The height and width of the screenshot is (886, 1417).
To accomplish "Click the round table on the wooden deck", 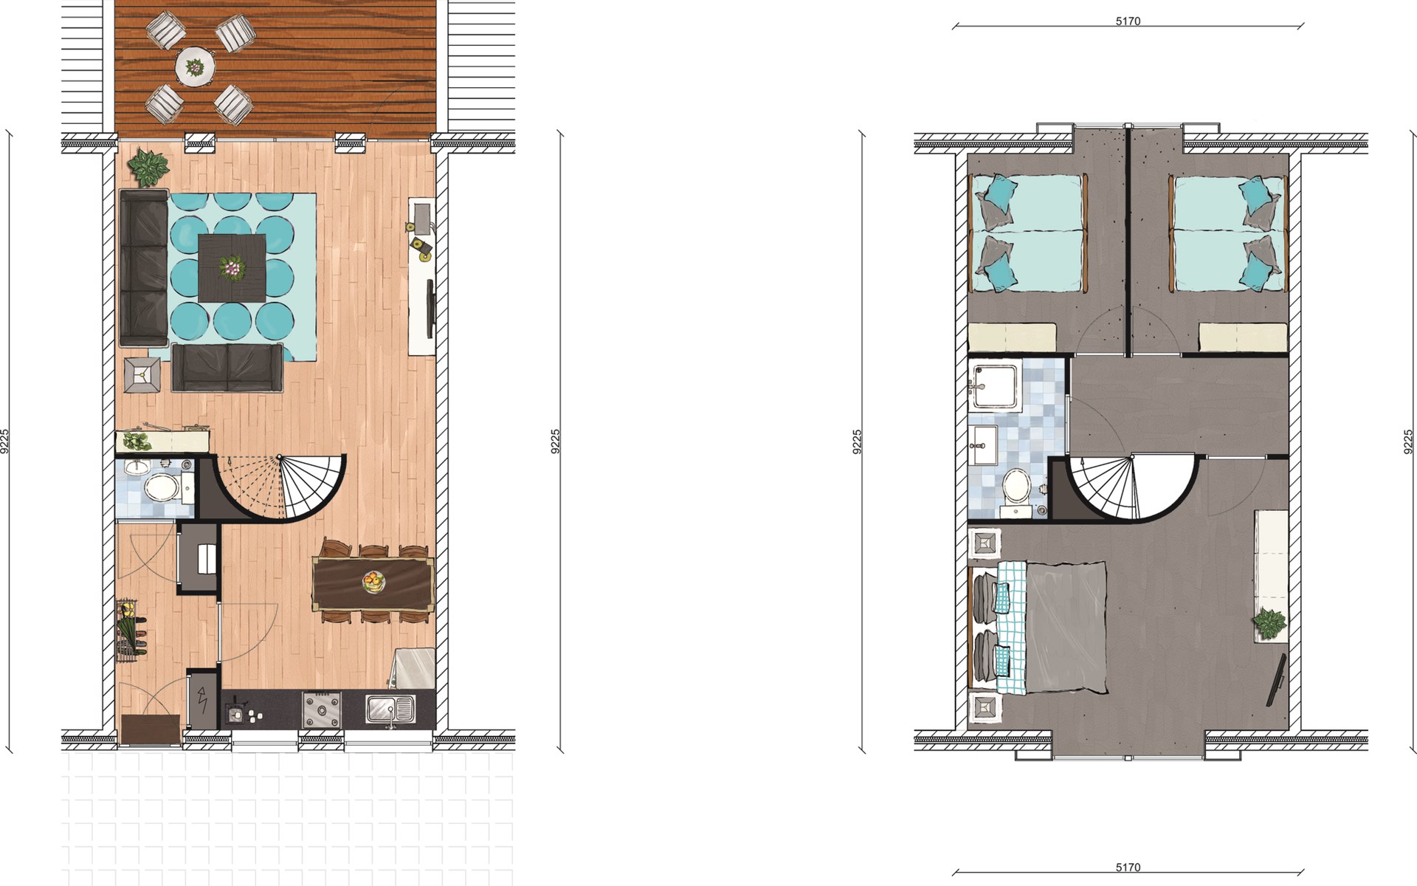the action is click(x=195, y=67).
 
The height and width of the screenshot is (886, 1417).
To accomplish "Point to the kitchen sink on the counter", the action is click(x=391, y=710).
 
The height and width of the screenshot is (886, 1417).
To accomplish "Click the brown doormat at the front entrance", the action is click(x=151, y=729).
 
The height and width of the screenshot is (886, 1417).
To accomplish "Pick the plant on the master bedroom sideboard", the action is click(x=1269, y=624).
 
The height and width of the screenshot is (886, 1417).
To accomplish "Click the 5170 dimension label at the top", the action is click(x=1128, y=21).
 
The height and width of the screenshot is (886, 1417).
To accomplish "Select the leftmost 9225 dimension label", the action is click(x=6, y=441).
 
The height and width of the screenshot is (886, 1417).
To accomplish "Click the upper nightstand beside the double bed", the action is click(x=984, y=543).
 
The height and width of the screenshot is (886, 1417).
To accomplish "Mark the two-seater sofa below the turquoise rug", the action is click(x=227, y=367).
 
